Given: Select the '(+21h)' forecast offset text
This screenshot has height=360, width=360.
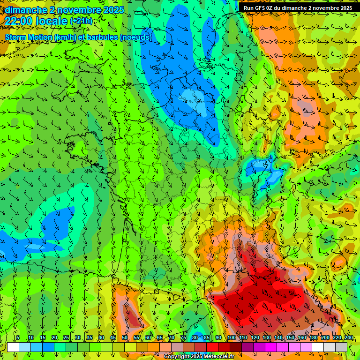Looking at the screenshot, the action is click(x=81, y=21).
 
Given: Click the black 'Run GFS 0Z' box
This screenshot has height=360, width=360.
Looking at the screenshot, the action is click(x=298, y=7).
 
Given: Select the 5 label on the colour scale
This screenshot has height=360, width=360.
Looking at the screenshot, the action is click(x=18, y=338).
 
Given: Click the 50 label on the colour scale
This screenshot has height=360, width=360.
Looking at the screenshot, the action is click(x=125, y=338).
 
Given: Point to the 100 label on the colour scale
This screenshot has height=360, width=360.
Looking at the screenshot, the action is click(x=231, y=338).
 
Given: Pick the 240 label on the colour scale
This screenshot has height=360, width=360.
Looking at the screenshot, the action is click(x=348, y=338).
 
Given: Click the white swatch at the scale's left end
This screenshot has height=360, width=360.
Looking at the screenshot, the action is click(x=13, y=347).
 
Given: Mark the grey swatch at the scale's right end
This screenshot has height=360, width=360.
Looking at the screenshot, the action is click(x=342, y=347).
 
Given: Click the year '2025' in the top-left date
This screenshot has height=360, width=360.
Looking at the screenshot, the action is click(x=113, y=10).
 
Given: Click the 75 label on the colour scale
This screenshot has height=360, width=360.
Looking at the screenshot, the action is click(x=183, y=338).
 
